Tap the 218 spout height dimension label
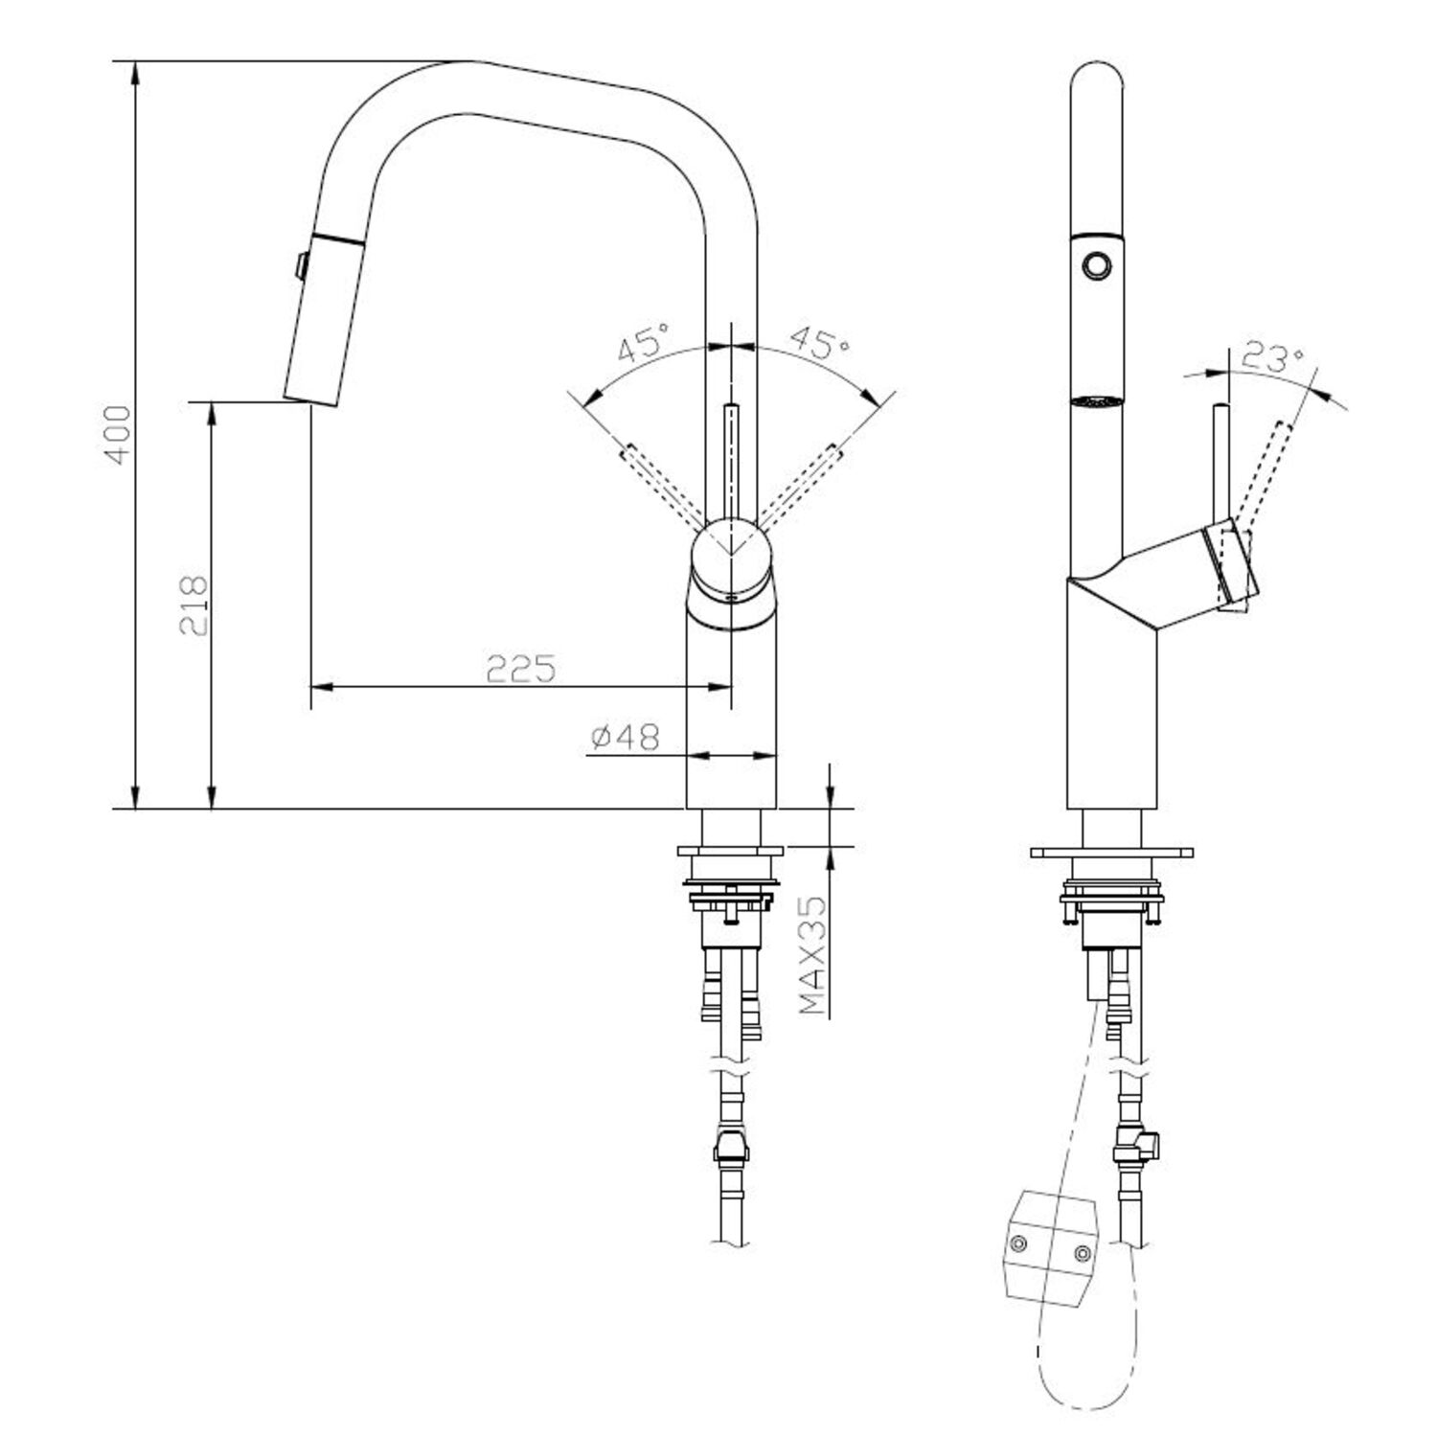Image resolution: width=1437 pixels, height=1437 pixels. coord(194,605)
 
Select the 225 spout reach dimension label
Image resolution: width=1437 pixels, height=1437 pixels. coord(521,668)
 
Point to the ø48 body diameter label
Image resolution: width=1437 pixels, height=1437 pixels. coord(626,737)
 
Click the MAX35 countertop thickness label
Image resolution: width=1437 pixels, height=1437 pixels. coord(812,955)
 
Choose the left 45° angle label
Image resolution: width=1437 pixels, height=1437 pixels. coord(644,343)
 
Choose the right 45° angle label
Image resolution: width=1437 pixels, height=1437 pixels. coord(818,343)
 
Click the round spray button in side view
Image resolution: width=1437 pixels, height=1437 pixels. coord(1095,262)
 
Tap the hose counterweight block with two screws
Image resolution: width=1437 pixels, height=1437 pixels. coord(1051,1245)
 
